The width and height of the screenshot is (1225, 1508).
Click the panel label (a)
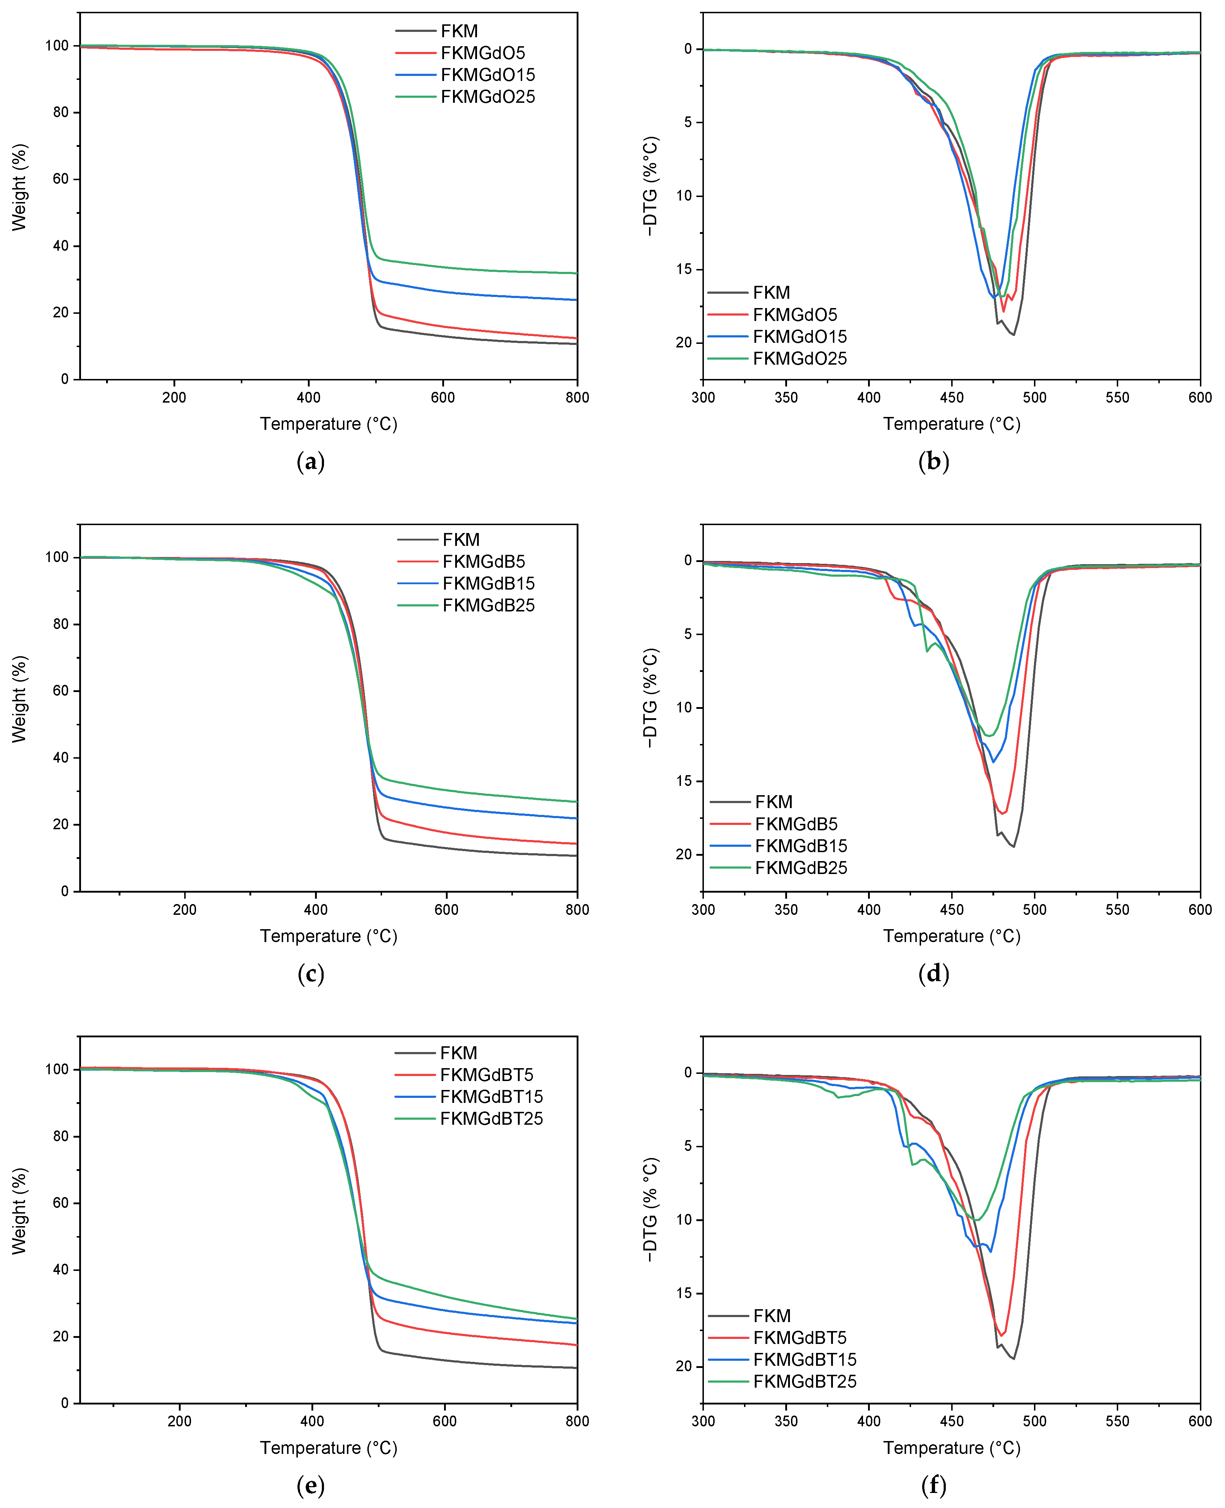310,462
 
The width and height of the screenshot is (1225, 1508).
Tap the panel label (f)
934,1485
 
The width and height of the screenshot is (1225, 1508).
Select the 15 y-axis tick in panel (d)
684,781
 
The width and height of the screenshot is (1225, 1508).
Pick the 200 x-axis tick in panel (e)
179,1421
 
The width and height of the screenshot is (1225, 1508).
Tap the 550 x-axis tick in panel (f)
1117,1421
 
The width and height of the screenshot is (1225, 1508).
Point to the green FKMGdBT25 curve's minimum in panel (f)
977,1220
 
